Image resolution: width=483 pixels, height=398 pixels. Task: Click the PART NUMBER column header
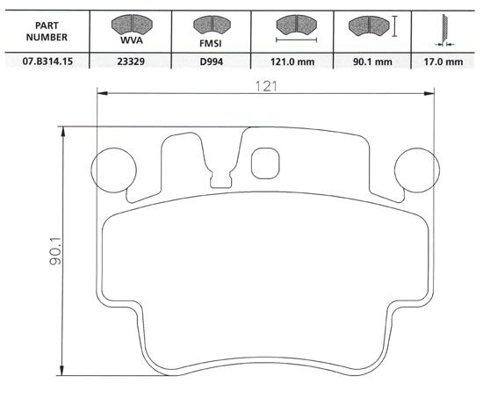[x=47, y=31]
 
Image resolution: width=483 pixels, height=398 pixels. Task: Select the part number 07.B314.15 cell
[x=47, y=61]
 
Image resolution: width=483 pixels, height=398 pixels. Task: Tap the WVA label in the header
[x=132, y=40]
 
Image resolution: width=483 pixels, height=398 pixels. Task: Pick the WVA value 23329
[x=131, y=61]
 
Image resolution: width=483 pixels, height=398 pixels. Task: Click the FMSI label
[x=211, y=43]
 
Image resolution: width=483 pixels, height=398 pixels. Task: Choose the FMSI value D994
[x=212, y=62]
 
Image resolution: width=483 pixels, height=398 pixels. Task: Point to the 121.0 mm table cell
[x=292, y=62]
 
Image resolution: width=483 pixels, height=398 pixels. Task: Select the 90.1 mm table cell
[x=372, y=62]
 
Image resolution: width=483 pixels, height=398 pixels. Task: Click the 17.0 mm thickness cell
[x=443, y=62]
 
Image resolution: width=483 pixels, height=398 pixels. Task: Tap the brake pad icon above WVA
[x=132, y=25]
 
